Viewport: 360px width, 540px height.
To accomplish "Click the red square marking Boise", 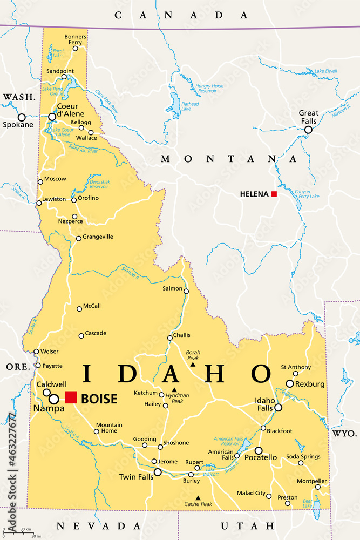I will coord(71,397).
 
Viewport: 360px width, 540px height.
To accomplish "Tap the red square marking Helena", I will coord(274,194).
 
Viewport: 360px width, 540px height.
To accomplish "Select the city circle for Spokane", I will coord(22,117).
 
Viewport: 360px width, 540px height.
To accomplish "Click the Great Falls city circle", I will coord(308,130).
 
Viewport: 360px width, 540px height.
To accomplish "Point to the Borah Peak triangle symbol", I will coord(193,365).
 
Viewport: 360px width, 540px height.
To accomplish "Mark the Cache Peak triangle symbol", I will coord(198,498).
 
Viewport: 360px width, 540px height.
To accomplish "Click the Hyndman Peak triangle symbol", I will coord(174,390).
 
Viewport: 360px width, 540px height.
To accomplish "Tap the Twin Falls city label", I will coord(134,477).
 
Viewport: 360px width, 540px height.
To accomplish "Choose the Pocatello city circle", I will coord(259,450).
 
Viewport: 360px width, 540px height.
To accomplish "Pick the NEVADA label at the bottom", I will coord(99,525).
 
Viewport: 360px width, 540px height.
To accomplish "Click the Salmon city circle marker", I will coord(186,291).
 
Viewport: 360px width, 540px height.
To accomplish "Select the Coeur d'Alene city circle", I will coord(52,117).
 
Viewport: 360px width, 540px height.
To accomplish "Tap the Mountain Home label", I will coord(108,428).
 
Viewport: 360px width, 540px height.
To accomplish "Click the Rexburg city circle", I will coord(290,383).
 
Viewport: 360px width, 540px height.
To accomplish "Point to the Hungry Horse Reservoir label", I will coord(209,89).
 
